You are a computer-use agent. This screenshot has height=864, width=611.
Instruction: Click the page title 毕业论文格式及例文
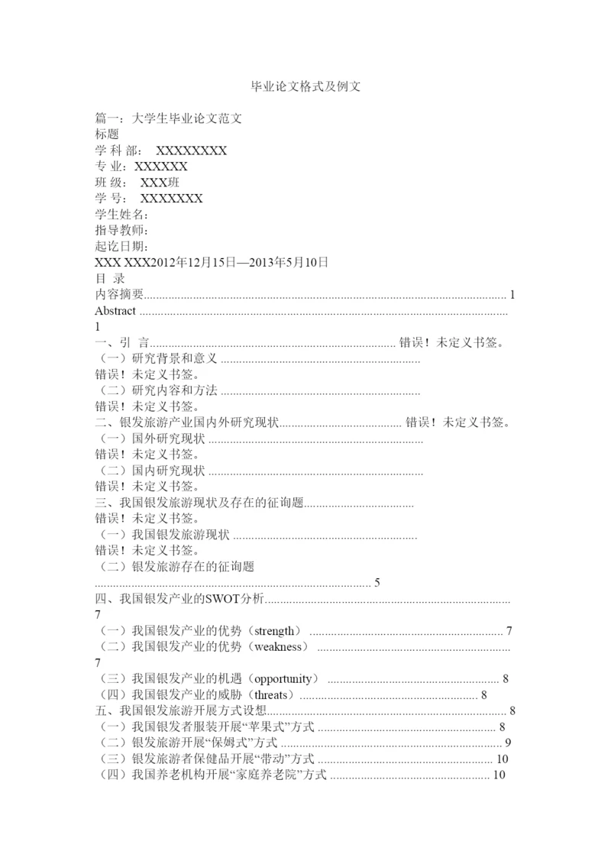point(305,87)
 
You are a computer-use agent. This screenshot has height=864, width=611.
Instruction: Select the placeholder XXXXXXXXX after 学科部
point(191,150)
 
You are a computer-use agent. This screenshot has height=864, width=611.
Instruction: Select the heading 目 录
point(109,279)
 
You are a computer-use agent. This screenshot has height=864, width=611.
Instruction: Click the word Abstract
point(115,311)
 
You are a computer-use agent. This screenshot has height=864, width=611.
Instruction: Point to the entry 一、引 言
point(122,343)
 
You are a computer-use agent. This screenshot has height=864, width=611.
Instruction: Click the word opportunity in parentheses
point(283,679)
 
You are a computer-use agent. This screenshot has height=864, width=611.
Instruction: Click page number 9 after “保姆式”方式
point(508,743)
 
